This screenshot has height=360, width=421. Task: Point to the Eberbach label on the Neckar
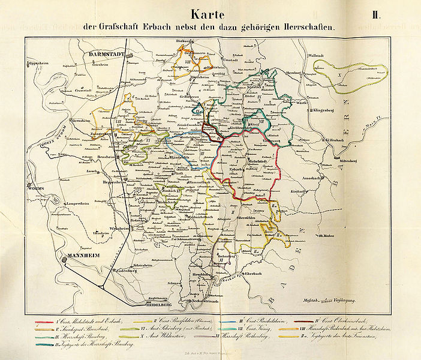(x=249, y=274)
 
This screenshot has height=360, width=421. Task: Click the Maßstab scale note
(x=338, y=299)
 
